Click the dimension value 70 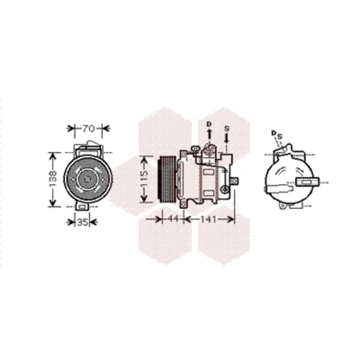89,129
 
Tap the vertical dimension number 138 53,179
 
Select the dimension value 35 82,222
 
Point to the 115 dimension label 145,179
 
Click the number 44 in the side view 173,219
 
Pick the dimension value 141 208,219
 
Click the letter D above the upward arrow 210,124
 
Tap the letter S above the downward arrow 227,129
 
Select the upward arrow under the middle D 210,134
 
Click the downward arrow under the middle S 226,138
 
